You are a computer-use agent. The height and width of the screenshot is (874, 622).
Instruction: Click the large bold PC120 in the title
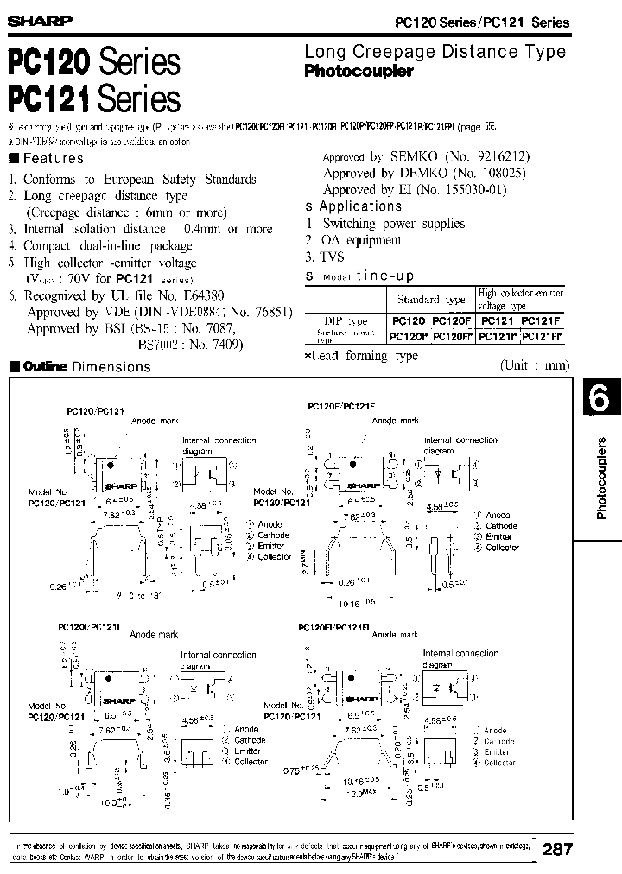pyautogui.click(x=50, y=64)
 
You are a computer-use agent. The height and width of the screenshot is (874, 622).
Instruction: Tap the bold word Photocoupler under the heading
pyautogui.click(x=359, y=73)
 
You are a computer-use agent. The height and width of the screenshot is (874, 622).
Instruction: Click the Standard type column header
pyautogui.click(x=431, y=299)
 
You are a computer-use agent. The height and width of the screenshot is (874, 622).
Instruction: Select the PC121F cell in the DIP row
pyautogui.click(x=542, y=320)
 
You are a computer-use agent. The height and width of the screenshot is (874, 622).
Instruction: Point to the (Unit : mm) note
pyautogui.click(x=535, y=365)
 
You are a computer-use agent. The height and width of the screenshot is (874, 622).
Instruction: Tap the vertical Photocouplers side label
pyautogui.click(x=603, y=478)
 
